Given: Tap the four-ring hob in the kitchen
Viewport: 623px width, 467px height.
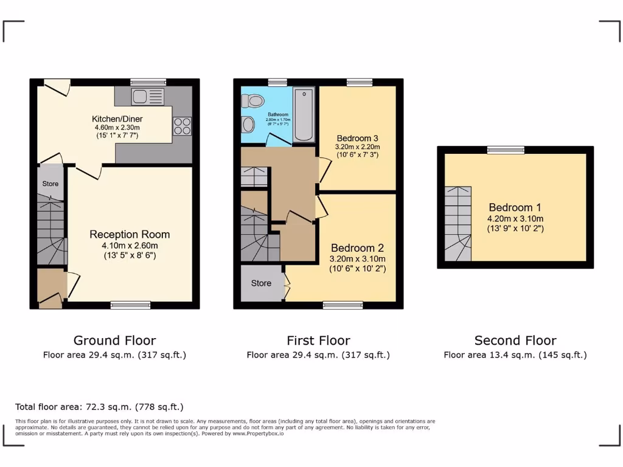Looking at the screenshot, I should pos(182,125).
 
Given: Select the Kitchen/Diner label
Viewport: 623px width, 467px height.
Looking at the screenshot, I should pos(116,119).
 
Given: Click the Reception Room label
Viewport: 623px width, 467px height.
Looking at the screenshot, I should pos(130,234).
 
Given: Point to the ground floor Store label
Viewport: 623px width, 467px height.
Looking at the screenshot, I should pos(50,184).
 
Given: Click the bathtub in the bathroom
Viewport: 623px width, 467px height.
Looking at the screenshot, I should pos(304,114).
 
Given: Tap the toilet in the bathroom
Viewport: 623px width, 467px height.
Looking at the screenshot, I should pos(252,100).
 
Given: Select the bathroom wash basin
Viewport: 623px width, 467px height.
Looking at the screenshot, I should pos(248,125).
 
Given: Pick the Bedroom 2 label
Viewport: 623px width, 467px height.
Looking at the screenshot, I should pos(357,248).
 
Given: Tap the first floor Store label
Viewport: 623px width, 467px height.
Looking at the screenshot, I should pos(261,283).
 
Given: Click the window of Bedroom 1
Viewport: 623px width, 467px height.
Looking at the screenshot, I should pos(506,150).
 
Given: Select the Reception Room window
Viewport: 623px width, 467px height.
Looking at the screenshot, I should pos(130,305).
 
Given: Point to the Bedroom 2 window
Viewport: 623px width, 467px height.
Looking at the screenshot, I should pos(343,305).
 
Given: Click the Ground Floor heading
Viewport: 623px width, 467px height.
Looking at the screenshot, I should pos(114,341).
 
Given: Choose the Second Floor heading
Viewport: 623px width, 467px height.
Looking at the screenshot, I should pos(515,341).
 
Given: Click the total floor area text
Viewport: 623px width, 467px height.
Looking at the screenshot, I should pos(99,407).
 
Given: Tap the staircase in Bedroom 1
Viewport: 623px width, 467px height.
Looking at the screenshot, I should pos(458,224).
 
